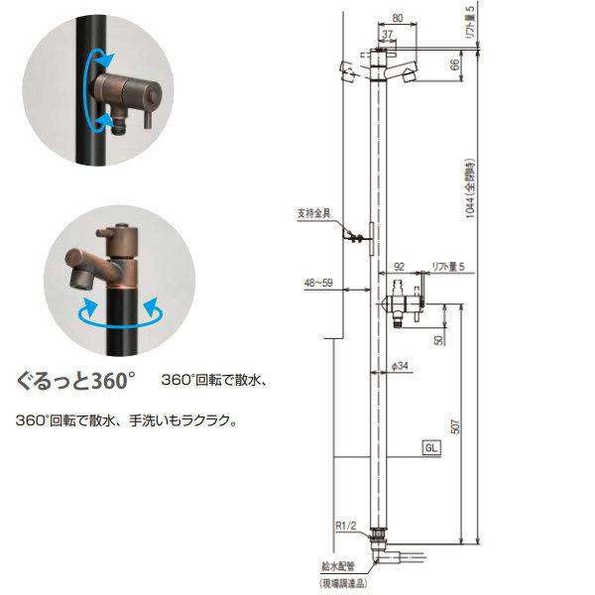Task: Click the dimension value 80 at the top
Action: coord(396,16)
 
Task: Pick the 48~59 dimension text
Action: coord(318,282)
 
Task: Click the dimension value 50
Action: coord(438,340)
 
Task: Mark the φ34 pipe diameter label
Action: coord(401,366)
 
